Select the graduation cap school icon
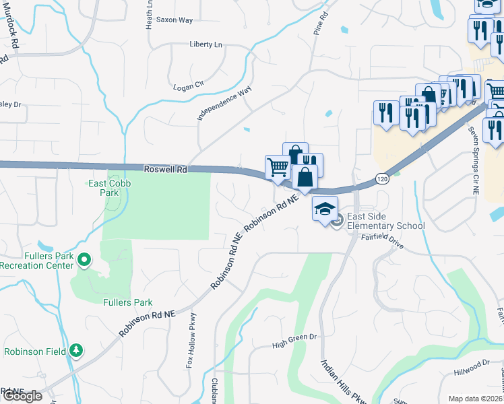pyautogui.click(x=325, y=208)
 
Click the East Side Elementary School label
pyautogui.click(x=385, y=221)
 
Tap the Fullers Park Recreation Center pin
pyautogui.click(x=84, y=259)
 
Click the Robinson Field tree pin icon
pyautogui.click(x=77, y=350)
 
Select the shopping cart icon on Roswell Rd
pyautogui.click(x=278, y=166)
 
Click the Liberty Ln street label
pyautogui.click(x=206, y=44)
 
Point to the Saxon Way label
pyautogui.click(x=175, y=20)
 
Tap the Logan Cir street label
pyautogui.click(x=188, y=86)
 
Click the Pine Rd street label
pyautogui.click(x=321, y=23)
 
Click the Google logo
pyautogui.click(x=22, y=396)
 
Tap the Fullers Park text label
pyautogui.click(x=128, y=303)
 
